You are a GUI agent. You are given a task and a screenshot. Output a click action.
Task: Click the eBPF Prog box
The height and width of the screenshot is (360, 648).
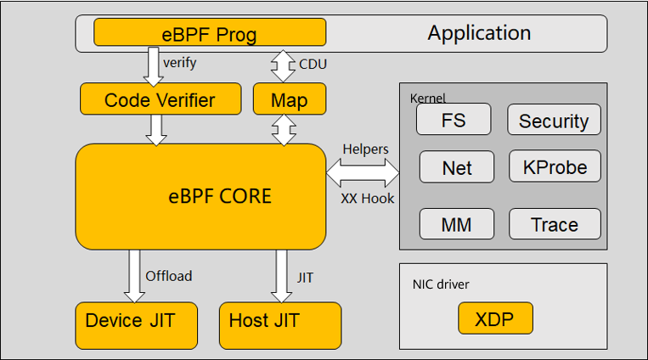click(209, 34)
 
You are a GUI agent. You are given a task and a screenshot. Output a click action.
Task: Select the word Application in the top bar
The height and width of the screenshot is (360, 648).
click(479, 33)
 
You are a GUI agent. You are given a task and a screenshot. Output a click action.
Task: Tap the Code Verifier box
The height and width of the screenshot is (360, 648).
click(160, 100)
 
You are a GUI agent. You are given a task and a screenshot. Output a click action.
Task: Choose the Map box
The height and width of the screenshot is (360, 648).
click(289, 100)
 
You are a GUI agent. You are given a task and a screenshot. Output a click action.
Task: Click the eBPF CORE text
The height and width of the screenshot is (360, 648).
click(220, 197)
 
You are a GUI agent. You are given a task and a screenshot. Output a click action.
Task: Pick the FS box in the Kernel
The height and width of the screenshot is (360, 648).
click(454, 120)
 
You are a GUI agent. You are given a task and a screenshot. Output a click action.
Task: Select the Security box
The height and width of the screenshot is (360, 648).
click(554, 121)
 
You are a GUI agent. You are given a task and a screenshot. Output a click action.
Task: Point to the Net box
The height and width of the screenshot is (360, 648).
click(457, 167)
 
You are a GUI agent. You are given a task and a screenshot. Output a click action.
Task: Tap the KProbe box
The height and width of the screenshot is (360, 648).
click(554, 167)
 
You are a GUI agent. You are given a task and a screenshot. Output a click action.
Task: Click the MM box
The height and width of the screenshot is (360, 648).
click(457, 224)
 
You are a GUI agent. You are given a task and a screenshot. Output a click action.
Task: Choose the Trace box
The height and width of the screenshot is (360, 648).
click(554, 224)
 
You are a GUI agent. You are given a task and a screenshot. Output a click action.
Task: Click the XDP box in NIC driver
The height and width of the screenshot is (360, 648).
click(495, 319)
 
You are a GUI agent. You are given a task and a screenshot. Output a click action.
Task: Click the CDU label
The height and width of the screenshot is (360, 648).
click(313, 64)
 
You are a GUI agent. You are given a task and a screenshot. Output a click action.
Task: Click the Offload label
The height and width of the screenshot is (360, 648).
click(169, 276)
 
